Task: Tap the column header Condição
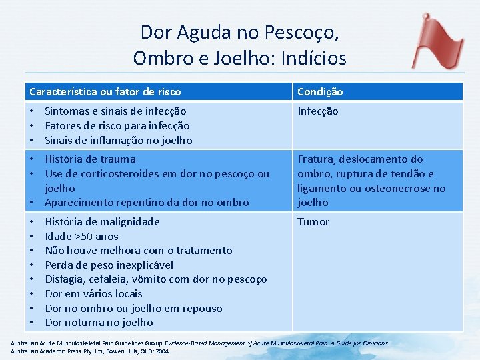(x=320, y=91)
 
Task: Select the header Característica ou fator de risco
(x=105, y=91)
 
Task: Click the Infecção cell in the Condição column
(x=318, y=111)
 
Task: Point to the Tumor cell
(x=313, y=221)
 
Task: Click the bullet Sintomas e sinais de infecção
(x=115, y=111)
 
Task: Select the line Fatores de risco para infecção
(x=117, y=126)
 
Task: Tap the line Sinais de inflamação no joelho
(x=118, y=140)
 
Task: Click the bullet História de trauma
(x=90, y=159)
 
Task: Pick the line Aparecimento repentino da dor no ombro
(x=147, y=202)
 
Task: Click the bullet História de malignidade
(x=102, y=221)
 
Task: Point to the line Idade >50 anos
(x=81, y=236)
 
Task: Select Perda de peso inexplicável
(x=109, y=265)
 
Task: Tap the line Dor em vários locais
(x=93, y=293)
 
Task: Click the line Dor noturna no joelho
(x=99, y=323)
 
